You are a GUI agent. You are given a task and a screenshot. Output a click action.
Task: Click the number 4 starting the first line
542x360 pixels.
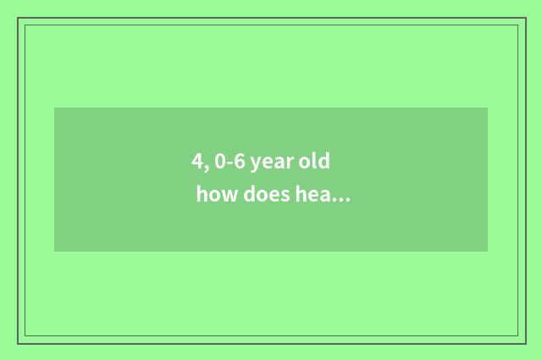coord(196,161)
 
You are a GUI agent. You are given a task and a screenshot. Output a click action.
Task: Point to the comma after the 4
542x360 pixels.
coord(205,167)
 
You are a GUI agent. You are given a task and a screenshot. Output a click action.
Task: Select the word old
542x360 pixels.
coord(313,161)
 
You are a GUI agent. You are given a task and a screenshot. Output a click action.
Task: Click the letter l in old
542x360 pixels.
coord(316,160)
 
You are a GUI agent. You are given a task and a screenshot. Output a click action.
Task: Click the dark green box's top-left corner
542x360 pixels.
coord(55,108)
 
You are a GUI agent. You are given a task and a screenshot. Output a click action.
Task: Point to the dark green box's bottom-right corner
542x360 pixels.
coord(487,251)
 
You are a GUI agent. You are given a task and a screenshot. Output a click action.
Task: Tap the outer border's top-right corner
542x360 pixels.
coord(525,18)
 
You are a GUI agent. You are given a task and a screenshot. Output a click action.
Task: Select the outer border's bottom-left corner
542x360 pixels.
coord(18,343)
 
